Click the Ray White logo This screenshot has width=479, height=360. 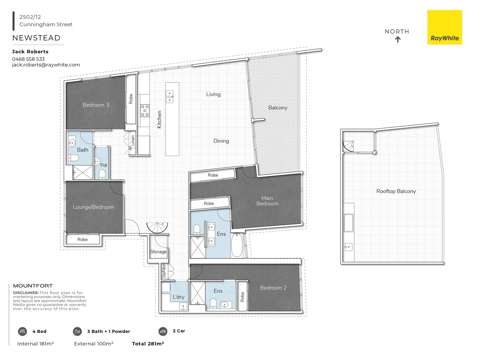[445, 27]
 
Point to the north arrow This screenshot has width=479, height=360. [398, 39]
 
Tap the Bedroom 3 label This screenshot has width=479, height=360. [96, 105]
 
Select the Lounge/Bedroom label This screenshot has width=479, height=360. [93, 207]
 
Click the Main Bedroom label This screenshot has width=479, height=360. [267, 201]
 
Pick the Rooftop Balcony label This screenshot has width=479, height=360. [396, 191]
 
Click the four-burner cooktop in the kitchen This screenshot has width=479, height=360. [145, 111]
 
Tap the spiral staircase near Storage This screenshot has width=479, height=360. [157, 228]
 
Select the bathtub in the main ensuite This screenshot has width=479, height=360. [237, 245]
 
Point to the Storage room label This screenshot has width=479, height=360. [158, 252]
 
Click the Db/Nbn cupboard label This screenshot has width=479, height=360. [164, 271]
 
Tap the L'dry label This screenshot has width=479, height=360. [178, 297]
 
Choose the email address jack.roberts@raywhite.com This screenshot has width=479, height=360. [46, 65]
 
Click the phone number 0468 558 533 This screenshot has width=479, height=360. [28, 59]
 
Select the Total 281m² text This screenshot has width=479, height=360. [148, 344]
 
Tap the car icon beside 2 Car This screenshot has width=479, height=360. [163, 331]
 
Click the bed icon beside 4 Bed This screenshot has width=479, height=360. [22, 331]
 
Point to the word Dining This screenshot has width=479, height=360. [221, 141]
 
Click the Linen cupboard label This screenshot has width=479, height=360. [133, 140]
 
